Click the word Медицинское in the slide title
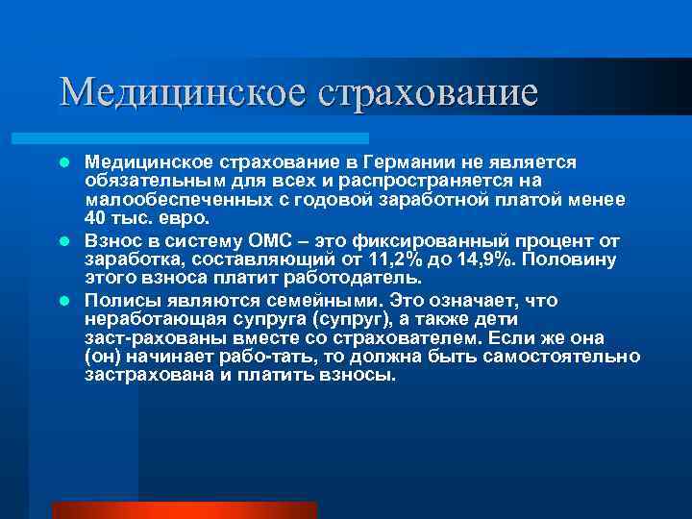(x=169, y=92)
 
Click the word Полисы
(x=120, y=301)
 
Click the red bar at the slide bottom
(x=183, y=509)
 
